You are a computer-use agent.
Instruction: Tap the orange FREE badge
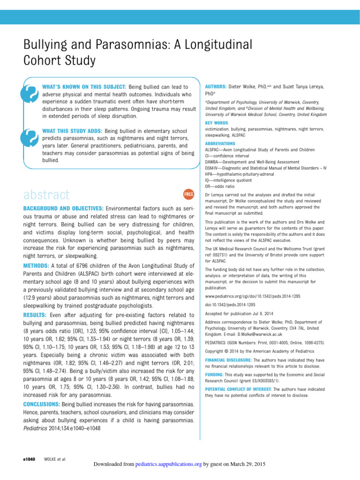188,194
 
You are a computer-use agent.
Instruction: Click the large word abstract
46,195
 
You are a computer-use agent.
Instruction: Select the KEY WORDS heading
217,123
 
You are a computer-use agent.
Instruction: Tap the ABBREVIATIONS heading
220,143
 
